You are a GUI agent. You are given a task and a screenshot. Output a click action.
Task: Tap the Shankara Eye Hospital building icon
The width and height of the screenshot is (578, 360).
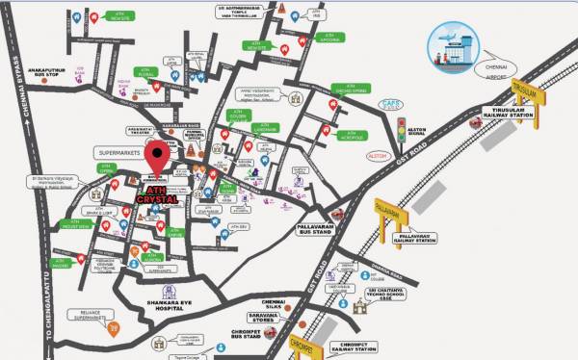pos(171,292)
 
